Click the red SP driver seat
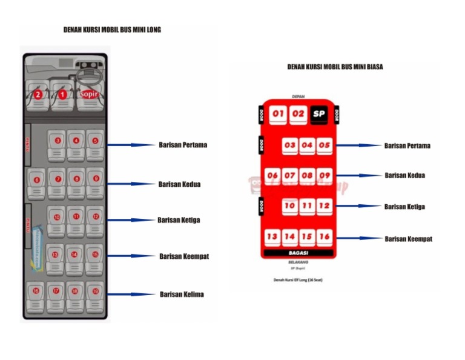point(318,114)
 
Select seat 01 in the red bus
point(278,114)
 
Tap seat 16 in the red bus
point(325,236)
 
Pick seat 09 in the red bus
point(325,176)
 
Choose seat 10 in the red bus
point(290,206)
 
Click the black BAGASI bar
point(298,252)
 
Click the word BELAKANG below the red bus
point(298,261)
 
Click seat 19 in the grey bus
point(95,292)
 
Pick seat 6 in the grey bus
point(37,180)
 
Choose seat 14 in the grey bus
point(76,255)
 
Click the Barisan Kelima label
point(182,295)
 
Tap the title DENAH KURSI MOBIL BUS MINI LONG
point(112,29)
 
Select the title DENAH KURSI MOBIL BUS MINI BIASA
point(335,67)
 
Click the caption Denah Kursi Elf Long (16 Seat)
point(297,281)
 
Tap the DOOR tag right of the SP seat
point(337,114)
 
